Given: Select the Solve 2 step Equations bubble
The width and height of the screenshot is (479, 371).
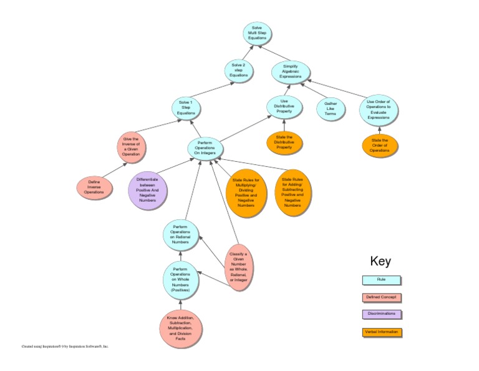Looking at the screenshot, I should pyautogui.click(x=239, y=70).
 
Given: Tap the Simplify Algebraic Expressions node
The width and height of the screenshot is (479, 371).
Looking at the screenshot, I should pyautogui.click(x=290, y=71).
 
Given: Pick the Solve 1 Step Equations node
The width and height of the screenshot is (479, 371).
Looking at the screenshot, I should pyautogui.click(x=186, y=107).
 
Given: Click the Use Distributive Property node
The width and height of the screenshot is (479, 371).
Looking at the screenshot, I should pyautogui.click(x=284, y=107).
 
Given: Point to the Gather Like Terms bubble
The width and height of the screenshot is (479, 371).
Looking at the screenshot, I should pyautogui.click(x=330, y=108).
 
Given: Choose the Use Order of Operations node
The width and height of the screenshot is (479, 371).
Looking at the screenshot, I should pyautogui.click(x=379, y=109).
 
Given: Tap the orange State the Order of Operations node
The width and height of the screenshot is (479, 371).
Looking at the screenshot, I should pyautogui.click(x=380, y=145).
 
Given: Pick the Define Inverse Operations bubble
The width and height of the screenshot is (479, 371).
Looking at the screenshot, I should pyautogui.click(x=95, y=187).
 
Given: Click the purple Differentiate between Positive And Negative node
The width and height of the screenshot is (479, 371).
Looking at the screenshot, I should pyautogui.click(x=147, y=189).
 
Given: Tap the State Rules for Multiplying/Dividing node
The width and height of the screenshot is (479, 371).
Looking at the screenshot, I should pyautogui.click(x=245, y=192).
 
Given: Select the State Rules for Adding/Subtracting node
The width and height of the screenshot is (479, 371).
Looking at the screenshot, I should pyautogui.click(x=293, y=192).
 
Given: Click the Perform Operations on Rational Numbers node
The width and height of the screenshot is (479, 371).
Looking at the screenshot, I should pyautogui.click(x=180, y=236).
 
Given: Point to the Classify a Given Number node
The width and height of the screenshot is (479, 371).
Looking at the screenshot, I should pyautogui.click(x=239, y=267).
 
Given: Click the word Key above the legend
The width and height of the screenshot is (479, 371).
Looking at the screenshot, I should pyautogui.click(x=380, y=261).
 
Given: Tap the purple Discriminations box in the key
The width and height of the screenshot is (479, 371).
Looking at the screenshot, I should pyautogui.click(x=382, y=314).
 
